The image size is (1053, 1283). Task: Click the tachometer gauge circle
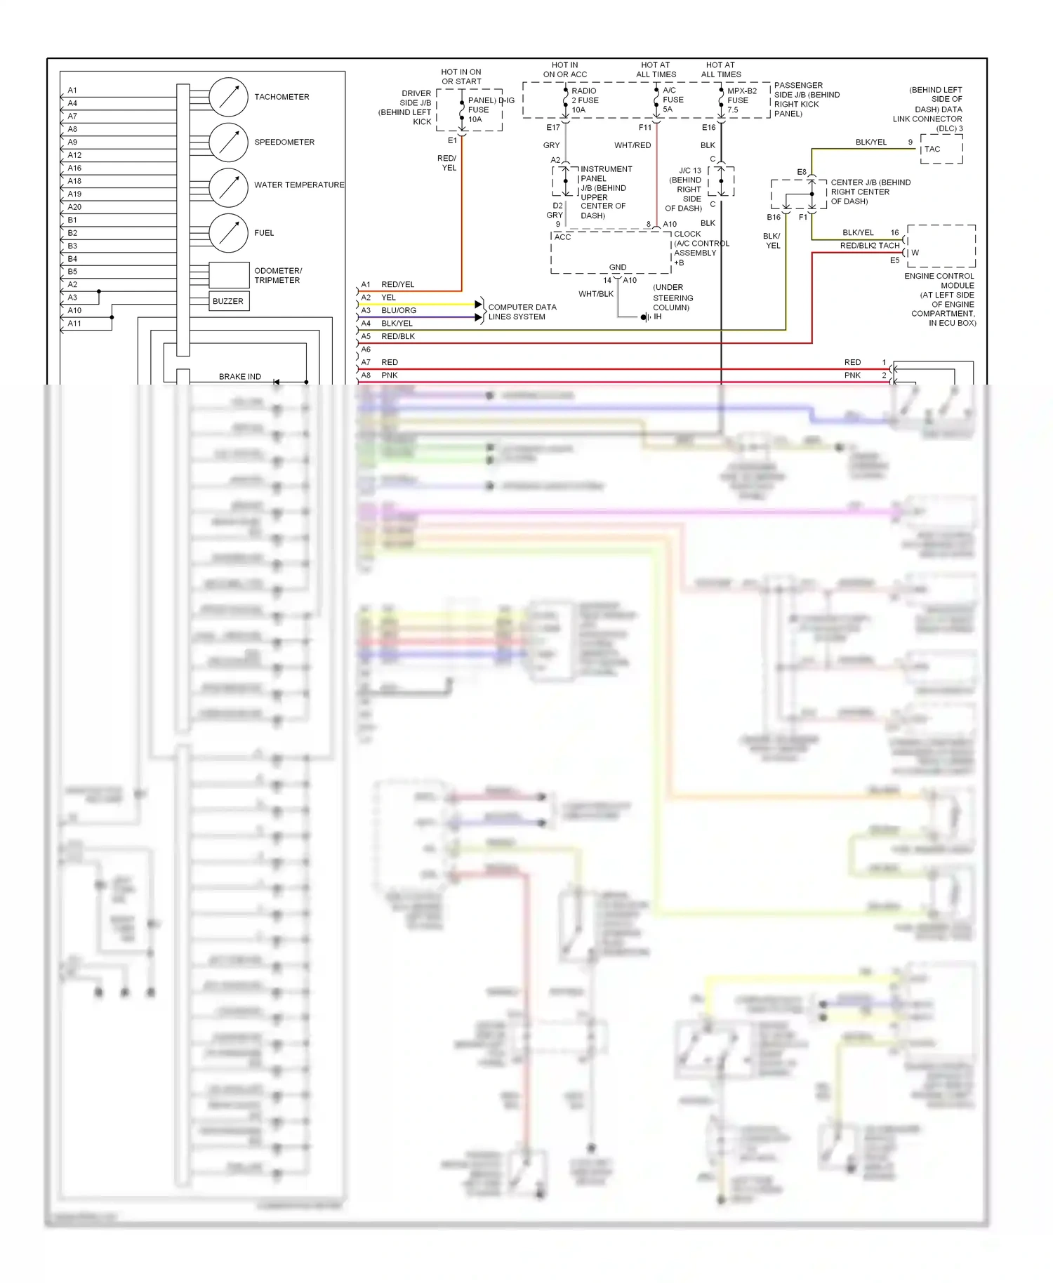(229, 97)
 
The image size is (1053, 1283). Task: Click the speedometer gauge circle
(229, 142)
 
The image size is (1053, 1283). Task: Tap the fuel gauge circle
(229, 232)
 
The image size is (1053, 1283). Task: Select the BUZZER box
(228, 301)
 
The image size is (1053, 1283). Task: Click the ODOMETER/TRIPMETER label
(278, 275)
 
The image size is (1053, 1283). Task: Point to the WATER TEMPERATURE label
(299, 185)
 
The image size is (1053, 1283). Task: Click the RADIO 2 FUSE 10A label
(585, 100)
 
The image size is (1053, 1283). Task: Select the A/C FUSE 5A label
(673, 100)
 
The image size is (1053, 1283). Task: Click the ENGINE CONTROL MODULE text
(939, 281)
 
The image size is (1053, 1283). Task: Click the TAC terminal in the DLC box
(932, 149)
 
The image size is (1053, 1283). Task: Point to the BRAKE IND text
(239, 377)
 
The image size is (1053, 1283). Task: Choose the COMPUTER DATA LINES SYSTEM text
(522, 312)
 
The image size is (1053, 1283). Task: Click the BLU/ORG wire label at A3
(399, 310)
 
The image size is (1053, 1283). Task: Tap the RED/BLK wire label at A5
(398, 336)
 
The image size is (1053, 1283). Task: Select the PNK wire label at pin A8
(389, 375)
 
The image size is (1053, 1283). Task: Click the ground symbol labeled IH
(644, 317)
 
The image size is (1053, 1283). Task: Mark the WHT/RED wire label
(633, 145)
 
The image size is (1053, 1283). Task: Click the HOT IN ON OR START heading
(461, 77)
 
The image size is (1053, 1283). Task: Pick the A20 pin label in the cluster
(74, 207)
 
